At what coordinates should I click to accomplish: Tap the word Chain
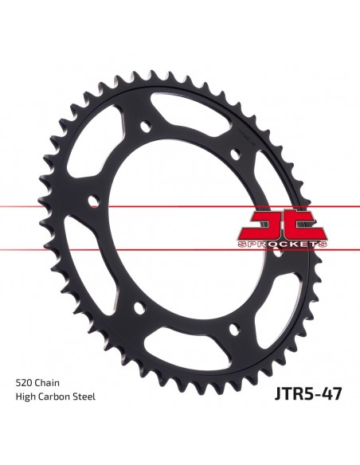(x=47, y=382)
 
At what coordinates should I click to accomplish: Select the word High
(x=25, y=397)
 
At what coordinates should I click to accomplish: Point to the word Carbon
(x=51, y=397)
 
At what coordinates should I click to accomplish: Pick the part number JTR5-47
(x=308, y=393)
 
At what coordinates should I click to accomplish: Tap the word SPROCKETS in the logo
(x=282, y=244)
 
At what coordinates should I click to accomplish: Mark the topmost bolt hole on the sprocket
(x=146, y=126)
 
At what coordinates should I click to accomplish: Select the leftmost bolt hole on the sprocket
(x=94, y=201)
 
